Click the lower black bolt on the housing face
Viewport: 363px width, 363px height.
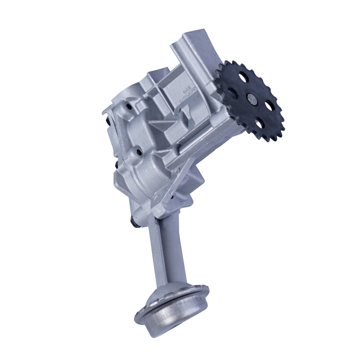pyautogui.click(x=139, y=151)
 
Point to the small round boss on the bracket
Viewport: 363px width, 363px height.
pyautogui.click(x=156, y=198)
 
